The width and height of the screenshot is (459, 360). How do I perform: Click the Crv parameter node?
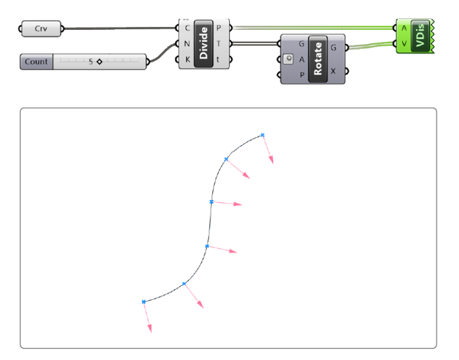[x=41, y=28]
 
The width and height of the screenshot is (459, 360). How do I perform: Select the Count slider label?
[x=36, y=62]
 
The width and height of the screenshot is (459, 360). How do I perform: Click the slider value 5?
[x=91, y=62]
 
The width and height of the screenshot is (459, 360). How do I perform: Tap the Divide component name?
[x=204, y=43]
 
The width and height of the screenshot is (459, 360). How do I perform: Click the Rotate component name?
[x=317, y=59]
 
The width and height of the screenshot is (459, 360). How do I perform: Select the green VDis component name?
[x=420, y=35]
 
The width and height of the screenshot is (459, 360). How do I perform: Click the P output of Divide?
[x=220, y=28]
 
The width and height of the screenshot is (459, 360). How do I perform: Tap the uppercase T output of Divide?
[x=220, y=44]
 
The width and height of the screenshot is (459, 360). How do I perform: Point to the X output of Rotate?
[x=333, y=71]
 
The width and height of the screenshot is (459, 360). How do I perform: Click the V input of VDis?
[x=405, y=43]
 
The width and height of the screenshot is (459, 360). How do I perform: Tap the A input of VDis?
[x=405, y=28]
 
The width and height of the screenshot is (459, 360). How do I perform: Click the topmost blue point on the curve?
[x=262, y=135]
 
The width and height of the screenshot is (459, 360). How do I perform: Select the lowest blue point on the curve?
[x=144, y=302]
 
